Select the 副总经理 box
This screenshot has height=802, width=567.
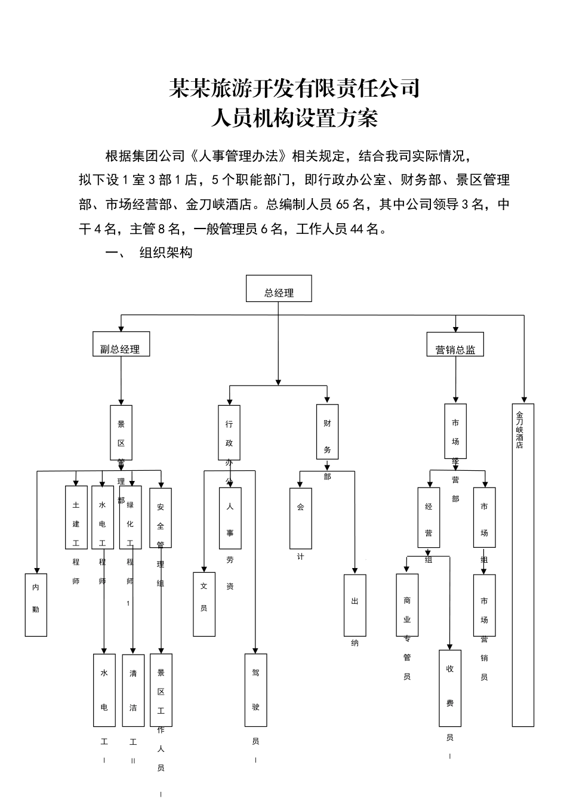(x=121, y=344)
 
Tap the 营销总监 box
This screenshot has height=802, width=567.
(x=455, y=344)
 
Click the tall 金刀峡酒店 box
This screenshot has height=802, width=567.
(x=523, y=565)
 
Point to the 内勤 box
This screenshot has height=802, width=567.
(x=36, y=604)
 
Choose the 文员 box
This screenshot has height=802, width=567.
(x=204, y=604)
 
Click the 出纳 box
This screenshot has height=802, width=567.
(x=355, y=605)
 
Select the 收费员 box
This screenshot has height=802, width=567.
(x=450, y=687)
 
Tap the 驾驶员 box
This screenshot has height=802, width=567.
(x=255, y=690)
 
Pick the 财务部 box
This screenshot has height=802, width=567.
(x=327, y=431)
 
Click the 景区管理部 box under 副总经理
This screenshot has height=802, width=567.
(x=121, y=432)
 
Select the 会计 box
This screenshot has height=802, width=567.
(x=300, y=518)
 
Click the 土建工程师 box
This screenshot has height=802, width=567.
(x=76, y=517)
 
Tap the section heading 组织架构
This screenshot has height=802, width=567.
(x=165, y=252)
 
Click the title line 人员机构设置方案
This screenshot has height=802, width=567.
(x=294, y=118)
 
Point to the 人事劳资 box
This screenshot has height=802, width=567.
(x=230, y=517)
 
